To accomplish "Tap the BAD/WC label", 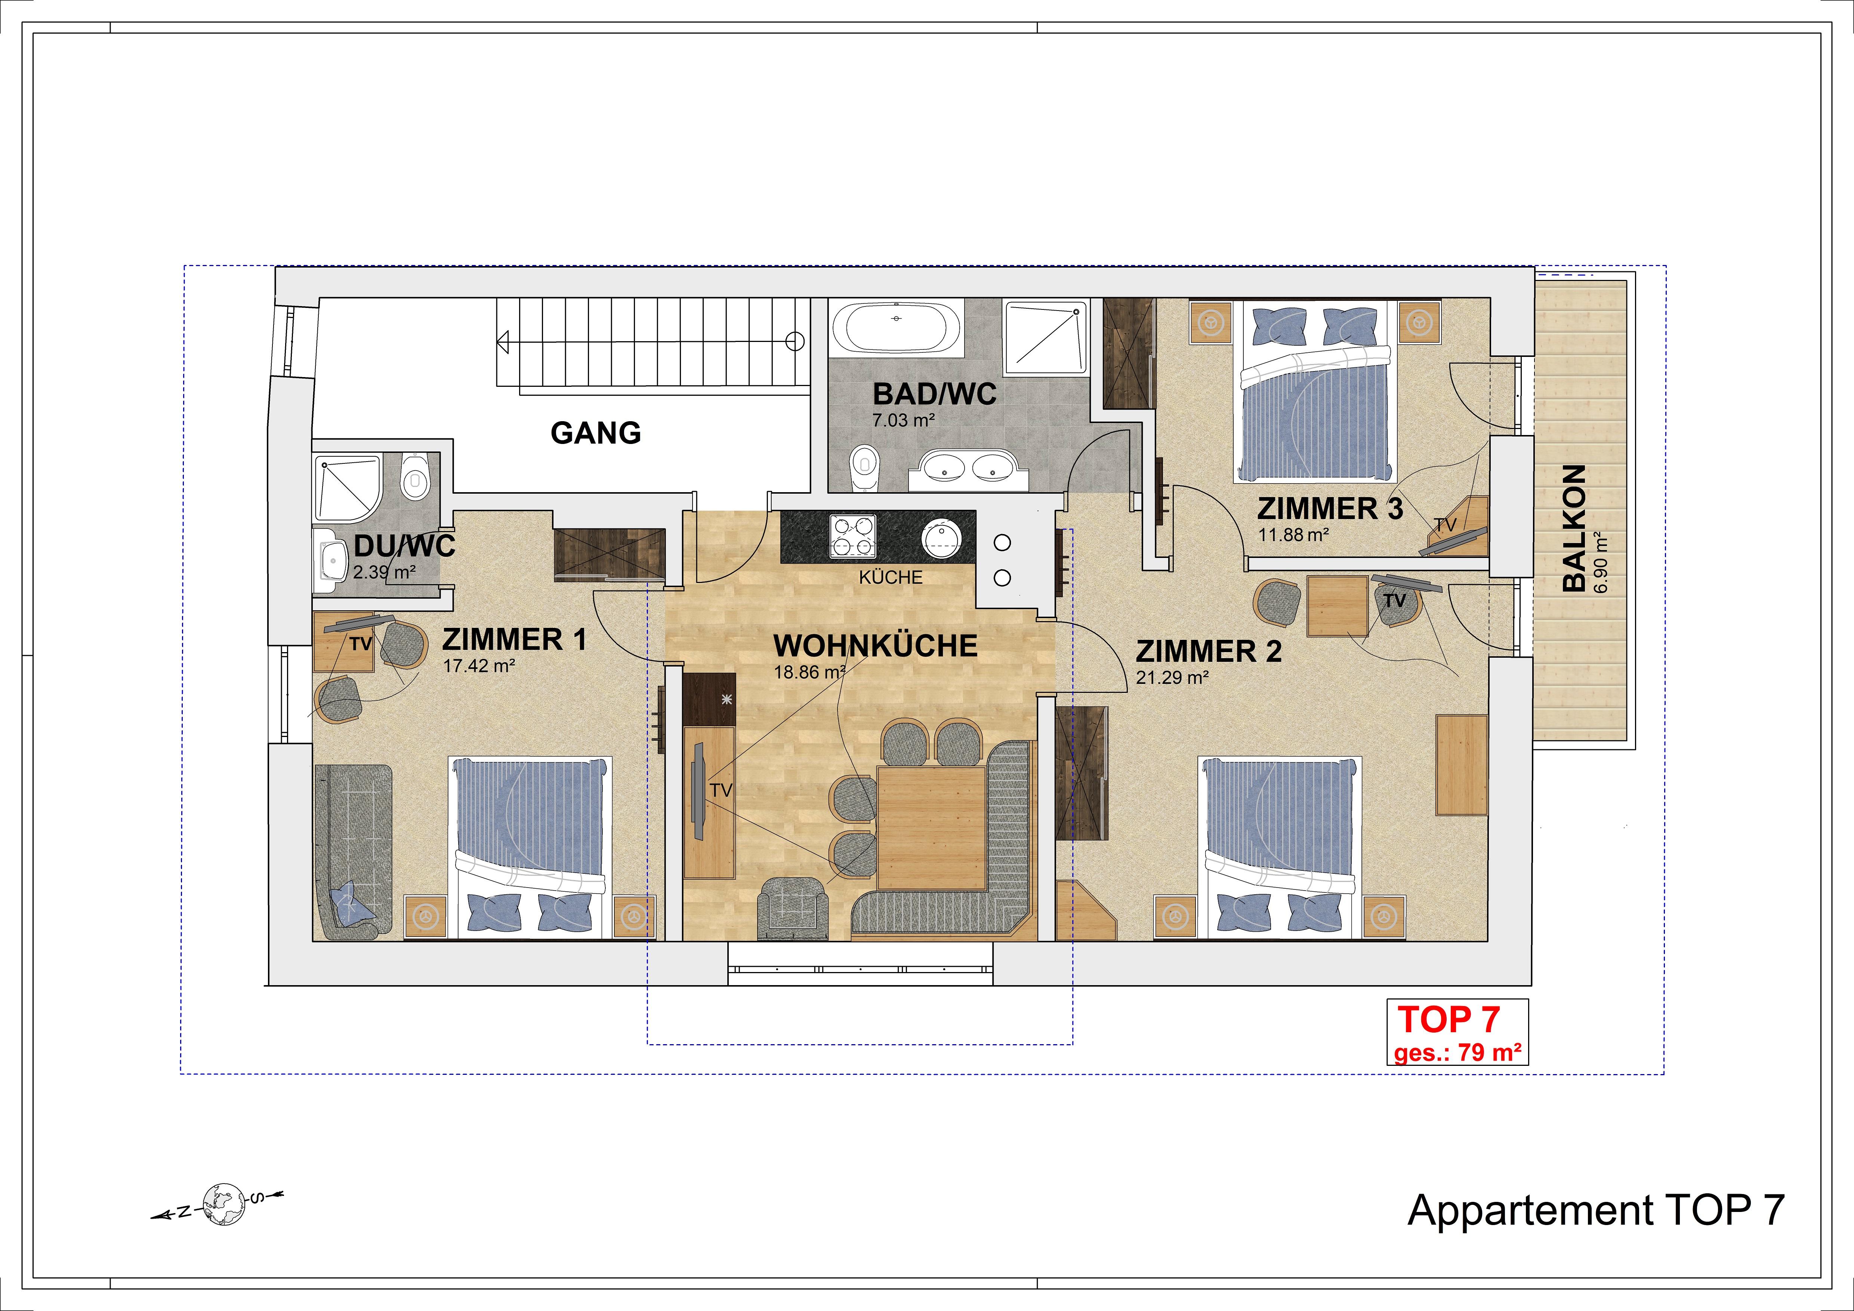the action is click(934, 394).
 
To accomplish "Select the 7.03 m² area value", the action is click(903, 420).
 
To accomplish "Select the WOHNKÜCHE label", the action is click(875, 646).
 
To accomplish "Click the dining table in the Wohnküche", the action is click(932, 827).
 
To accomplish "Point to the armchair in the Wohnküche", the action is click(792, 908).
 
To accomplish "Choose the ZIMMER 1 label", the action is click(514, 639).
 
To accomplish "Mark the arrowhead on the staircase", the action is click(502, 342).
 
